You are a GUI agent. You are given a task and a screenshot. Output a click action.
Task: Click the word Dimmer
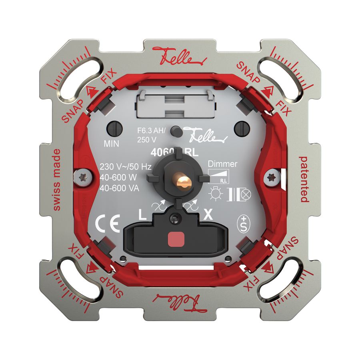click(223, 164)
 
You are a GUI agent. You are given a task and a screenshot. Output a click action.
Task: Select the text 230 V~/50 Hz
click(125, 167)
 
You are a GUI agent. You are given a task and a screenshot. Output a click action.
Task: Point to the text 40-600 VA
click(119, 188)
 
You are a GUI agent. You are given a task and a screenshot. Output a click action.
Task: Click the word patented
click(304, 180)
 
